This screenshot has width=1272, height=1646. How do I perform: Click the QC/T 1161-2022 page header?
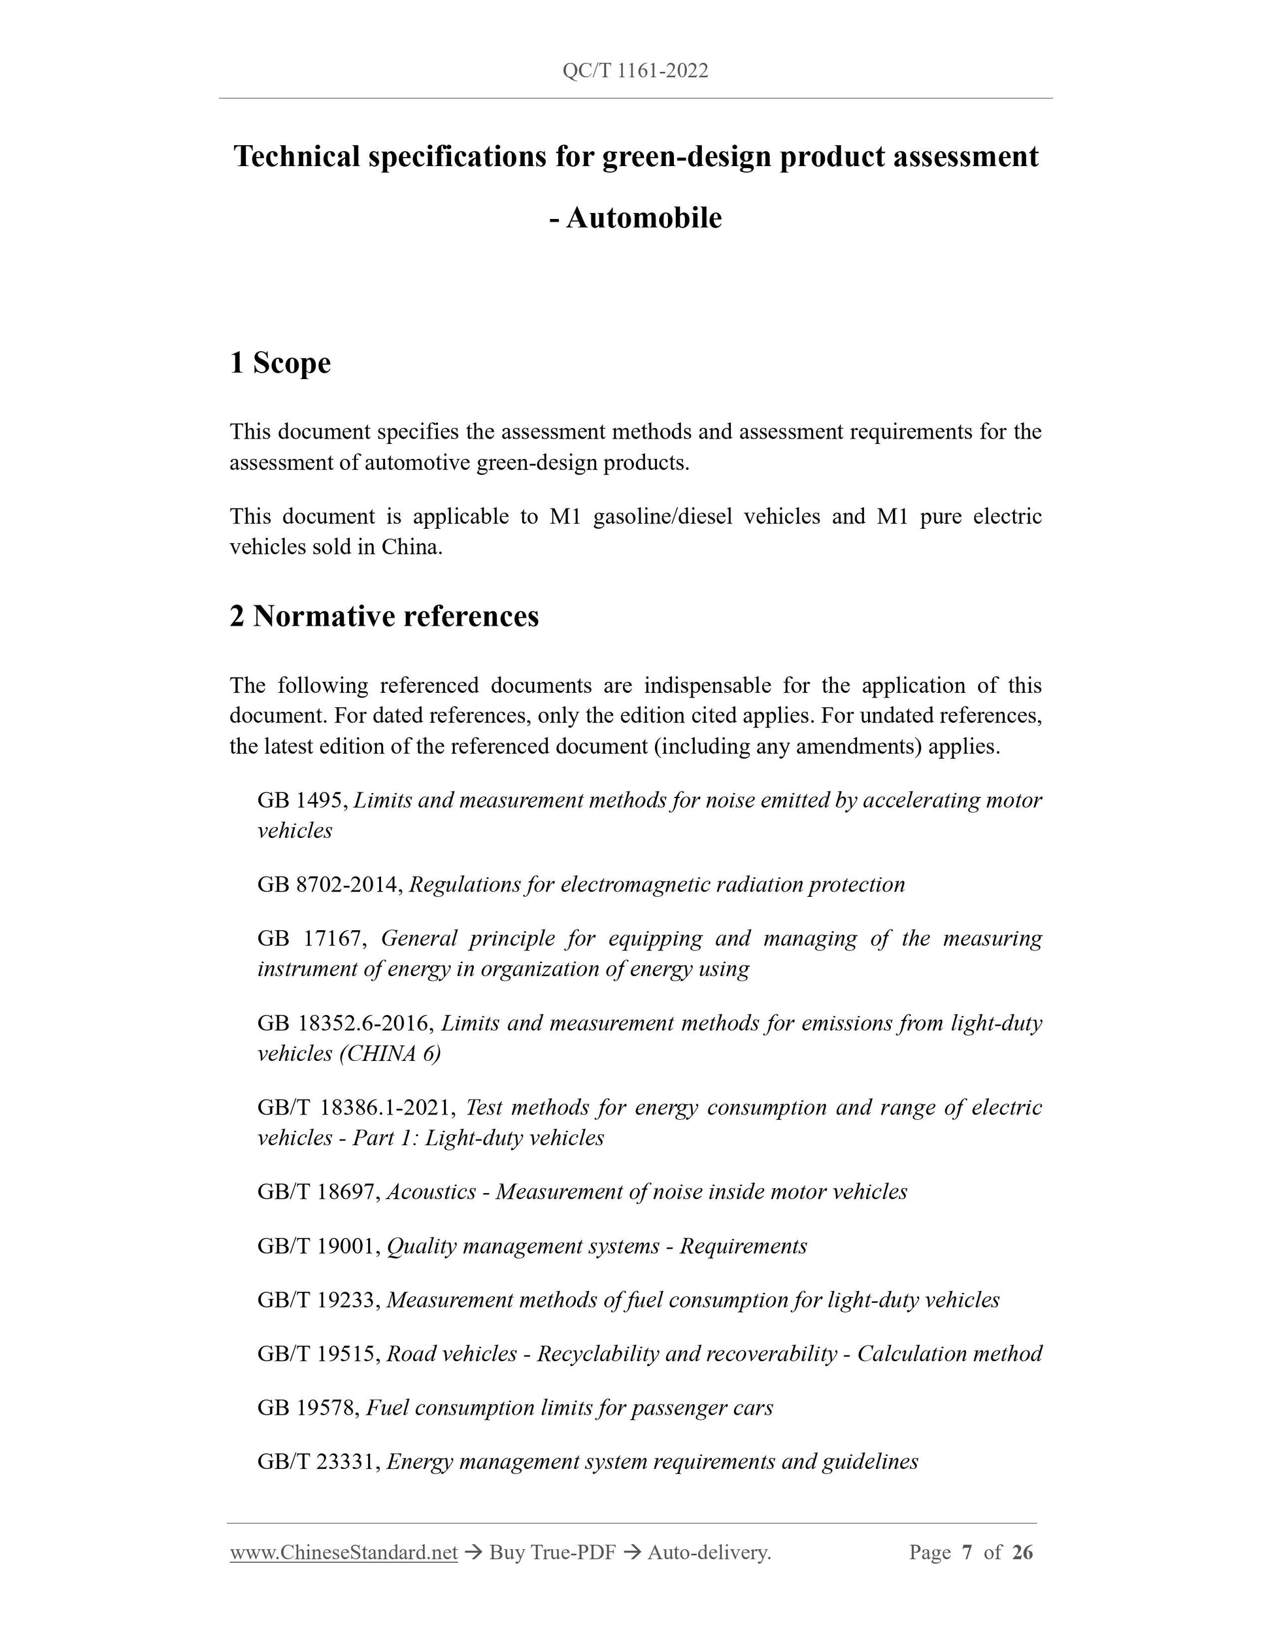635,71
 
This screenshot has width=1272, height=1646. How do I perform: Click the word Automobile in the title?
644,218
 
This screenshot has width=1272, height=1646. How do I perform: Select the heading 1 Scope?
280,363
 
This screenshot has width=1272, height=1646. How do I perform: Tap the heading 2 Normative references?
384,616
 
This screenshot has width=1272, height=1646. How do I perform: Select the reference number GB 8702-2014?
329,885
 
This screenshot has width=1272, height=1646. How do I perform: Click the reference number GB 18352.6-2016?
344,1024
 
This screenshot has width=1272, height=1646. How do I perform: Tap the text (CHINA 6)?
390,1054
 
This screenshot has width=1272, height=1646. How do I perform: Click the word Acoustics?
431,1192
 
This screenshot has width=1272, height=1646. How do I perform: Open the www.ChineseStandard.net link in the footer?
344,1553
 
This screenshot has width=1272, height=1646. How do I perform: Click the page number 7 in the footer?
967,1553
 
